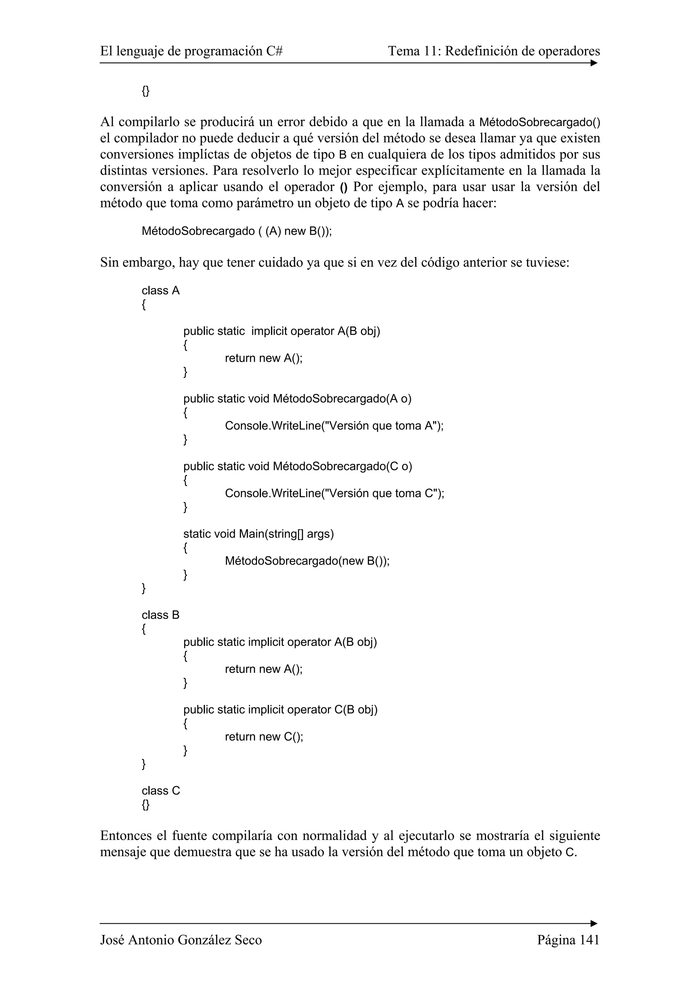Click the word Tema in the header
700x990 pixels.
coord(403,51)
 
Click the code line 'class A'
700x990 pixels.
coord(160,291)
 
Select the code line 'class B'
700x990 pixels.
coord(160,615)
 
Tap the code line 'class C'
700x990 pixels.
coord(160,790)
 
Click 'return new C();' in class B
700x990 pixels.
coord(264,737)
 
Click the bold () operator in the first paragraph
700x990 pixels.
coord(343,187)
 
